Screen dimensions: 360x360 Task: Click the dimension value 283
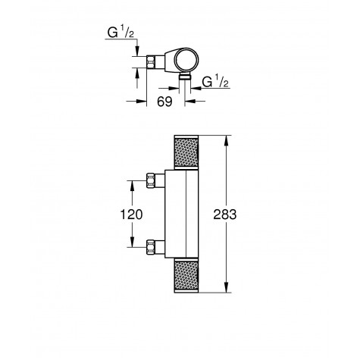click(x=225, y=214)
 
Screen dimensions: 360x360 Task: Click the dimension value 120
click(x=131, y=214)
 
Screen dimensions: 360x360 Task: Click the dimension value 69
click(x=164, y=102)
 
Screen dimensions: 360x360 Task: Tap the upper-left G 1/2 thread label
click(x=121, y=33)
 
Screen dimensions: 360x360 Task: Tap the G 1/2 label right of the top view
click(x=215, y=82)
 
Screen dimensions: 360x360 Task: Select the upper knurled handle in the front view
click(x=186, y=152)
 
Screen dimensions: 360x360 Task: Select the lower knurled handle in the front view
click(x=186, y=276)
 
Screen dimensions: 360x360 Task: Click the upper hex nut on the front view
click(x=151, y=180)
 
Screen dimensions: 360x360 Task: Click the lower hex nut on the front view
click(x=151, y=247)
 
